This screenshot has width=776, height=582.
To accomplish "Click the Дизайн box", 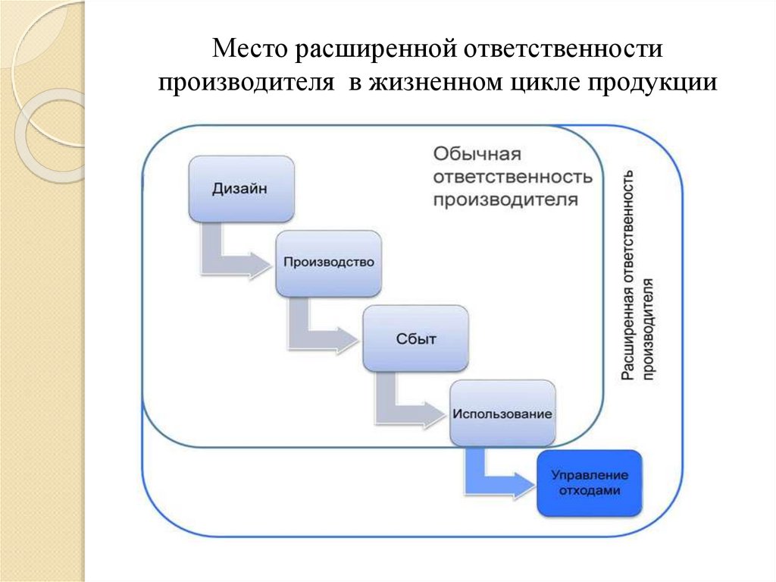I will click(240, 189).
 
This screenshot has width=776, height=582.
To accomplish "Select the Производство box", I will click(328, 263).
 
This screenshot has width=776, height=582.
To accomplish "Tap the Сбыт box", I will click(415, 338).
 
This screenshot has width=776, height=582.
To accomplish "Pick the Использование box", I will click(502, 414).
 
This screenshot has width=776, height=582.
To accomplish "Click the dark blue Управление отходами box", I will click(589, 483).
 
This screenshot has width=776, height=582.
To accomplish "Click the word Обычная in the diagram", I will click(477, 155).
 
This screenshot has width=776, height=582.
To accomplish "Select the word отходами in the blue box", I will click(589, 491).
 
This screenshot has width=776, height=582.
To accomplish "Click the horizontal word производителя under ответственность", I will click(506, 200).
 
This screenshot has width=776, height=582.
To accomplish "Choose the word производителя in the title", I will click(246, 82).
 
